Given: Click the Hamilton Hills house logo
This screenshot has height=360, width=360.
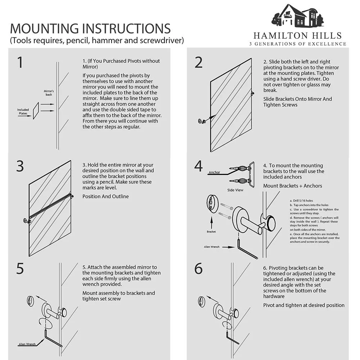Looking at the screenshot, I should [x=298, y=16].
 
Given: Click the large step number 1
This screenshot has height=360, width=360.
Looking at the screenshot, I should [x=20, y=62].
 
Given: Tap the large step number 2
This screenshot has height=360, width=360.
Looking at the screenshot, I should [x=199, y=62].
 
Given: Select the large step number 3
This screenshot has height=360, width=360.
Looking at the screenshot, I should [x=20, y=166].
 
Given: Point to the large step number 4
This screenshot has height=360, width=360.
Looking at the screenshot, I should [x=199, y=166].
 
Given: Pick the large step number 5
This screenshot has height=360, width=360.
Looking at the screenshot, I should [x=20, y=269].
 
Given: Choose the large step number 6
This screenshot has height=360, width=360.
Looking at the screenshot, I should [x=199, y=269].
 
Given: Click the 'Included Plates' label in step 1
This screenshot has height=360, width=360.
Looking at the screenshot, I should [x=23, y=112].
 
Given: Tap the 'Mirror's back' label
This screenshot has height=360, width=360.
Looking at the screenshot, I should [x=49, y=93].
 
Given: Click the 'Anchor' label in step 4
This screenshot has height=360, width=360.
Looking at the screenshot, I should [x=214, y=172].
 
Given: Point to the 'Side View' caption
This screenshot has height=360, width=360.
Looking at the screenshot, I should [x=235, y=190].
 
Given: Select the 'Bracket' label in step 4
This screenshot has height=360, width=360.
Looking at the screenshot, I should [x=211, y=231].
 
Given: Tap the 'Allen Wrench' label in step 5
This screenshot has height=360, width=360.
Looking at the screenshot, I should [x=27, y=344].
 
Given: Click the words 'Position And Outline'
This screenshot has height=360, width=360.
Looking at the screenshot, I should [x=105, y=196].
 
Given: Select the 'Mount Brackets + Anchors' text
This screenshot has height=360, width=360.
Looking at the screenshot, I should [x=292, y=186].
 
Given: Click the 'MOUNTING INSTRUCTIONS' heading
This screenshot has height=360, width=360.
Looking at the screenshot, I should [x=90, y=28].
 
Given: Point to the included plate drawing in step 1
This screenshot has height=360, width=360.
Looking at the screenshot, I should [x=36, y=111].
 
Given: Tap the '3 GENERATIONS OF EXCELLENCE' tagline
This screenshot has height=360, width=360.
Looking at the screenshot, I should [x=298, y=44].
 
